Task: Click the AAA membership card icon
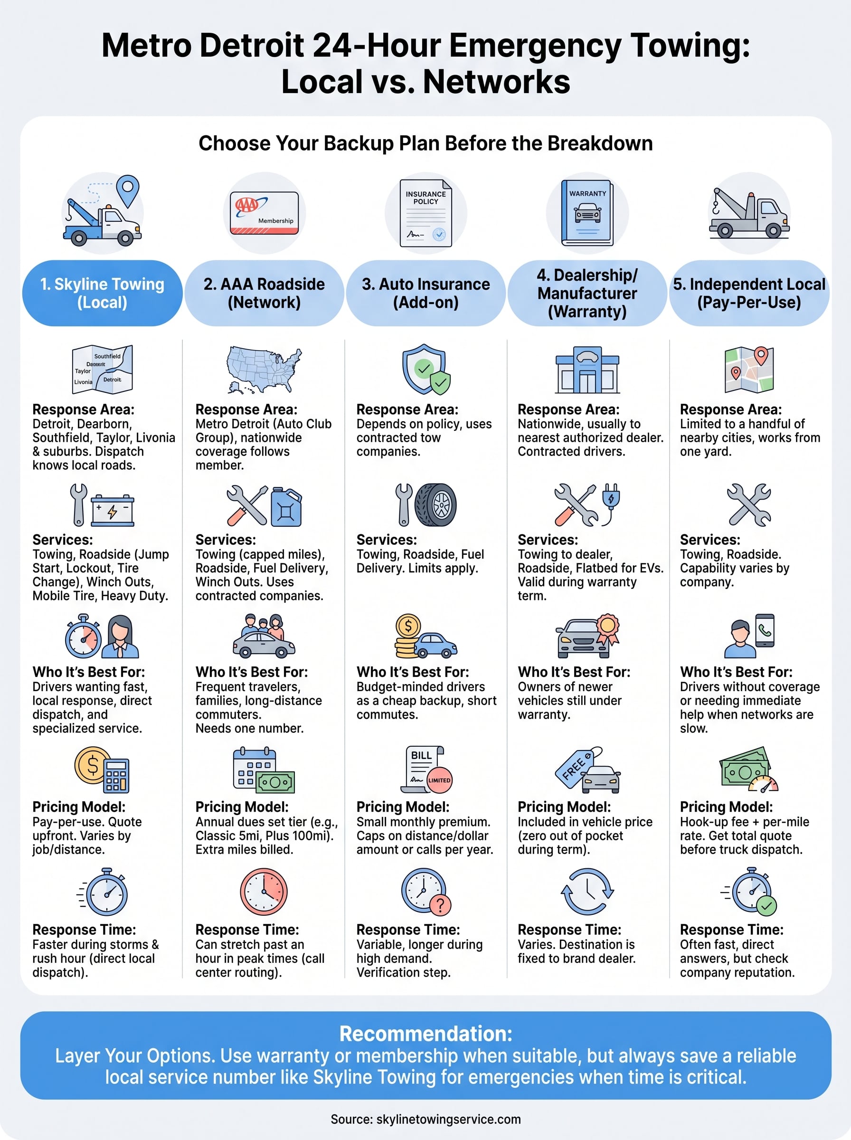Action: click(x=264, y=213)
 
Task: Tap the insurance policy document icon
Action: click(x=426, y=213)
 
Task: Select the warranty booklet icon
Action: click(x=587, y=212)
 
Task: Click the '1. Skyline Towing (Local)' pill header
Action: click(x=103, y=293)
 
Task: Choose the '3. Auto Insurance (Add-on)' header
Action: click(x=426, y=293)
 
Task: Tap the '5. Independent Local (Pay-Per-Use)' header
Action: click(x=749, y=293)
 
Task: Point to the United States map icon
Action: click(x=264, y=370)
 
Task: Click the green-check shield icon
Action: click(x=426, y=370)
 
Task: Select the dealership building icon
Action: click(x=587, y=370)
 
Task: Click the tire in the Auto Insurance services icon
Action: click(x=436, y=505)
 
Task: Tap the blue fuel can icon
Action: click(x=286, y=506)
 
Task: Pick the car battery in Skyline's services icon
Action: click(x=112, y=510)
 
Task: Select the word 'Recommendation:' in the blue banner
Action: click(x=426, y=1034)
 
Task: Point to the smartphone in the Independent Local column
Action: click(x=765, y=630)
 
